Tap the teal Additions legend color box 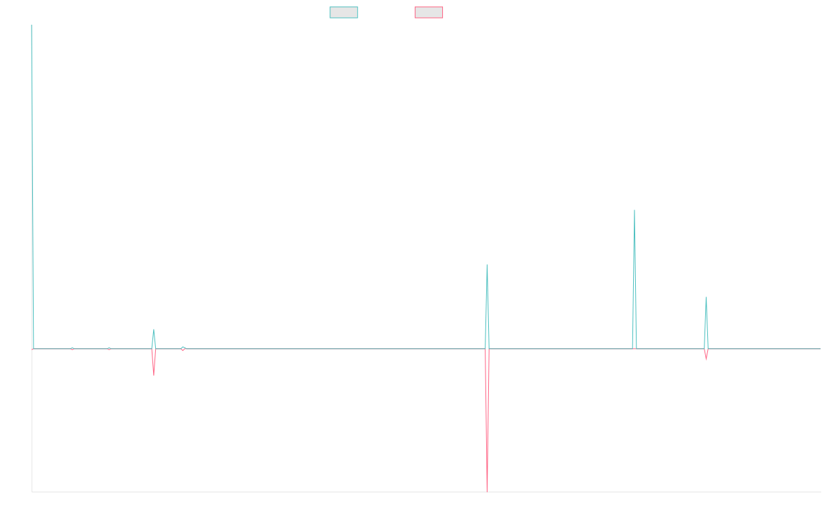[x=343, y=12]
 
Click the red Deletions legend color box [x=428, y=12]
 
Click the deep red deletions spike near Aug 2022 [x=487, y=481]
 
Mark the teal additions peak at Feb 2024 [x=634, y=213]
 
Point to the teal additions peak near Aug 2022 [x=487, y=268]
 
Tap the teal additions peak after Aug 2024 [x=706, y=299]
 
